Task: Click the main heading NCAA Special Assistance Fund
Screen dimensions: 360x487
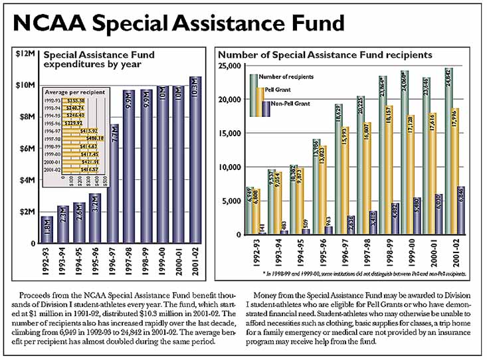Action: [x=180, y=23]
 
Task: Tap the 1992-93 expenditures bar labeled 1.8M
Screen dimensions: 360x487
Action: [x=46, y=230]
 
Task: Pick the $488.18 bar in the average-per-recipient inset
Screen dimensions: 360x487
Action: [x=85, y=139]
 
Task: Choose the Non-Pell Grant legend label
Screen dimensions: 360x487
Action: [x=290, y=104]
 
